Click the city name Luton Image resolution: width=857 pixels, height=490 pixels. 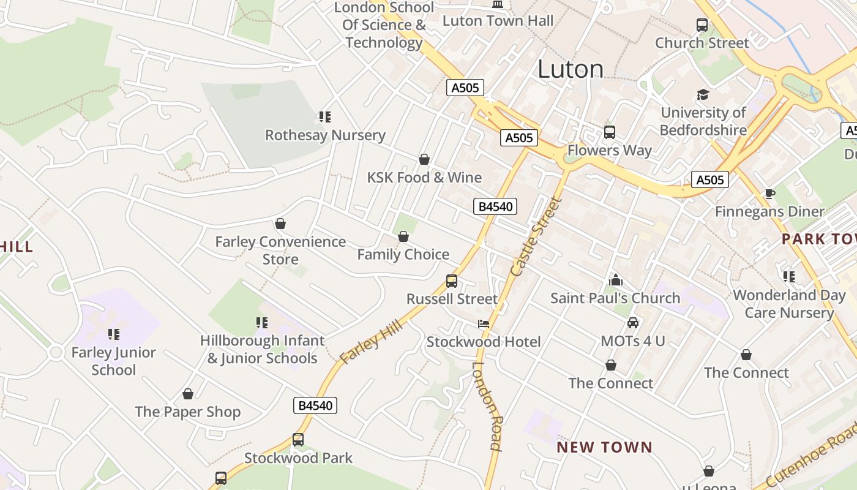click(571, 69)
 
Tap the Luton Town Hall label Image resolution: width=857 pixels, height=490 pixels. click(498, 20)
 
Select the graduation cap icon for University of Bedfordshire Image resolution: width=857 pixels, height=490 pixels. click(703, 95)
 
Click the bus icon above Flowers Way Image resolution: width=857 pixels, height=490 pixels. click(609, 132)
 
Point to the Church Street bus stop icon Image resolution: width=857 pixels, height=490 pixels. click(702, 26)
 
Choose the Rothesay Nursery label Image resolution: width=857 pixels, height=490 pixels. click(325, 135)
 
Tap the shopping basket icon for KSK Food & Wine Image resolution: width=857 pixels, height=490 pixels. click(424, 160)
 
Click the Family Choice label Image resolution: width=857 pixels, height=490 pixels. click(403, 254)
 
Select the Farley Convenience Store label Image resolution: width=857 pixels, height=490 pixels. click(280, 250)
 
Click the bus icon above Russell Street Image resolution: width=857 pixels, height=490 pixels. click(451, 281)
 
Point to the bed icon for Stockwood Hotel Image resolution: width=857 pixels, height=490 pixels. click(484, 324)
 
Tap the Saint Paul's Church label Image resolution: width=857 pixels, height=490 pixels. click(615, 298)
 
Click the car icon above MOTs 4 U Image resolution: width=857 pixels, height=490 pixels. click(633, 322)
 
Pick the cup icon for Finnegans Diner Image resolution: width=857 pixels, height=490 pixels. click(769, 194)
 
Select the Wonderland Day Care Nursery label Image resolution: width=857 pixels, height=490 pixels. click(789, 304)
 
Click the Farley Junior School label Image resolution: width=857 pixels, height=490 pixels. click(114, 361)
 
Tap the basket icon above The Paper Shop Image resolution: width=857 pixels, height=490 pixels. click(188, 394)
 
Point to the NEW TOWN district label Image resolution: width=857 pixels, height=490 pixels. click(604, 447)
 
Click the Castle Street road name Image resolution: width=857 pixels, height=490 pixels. click(534, 236)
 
